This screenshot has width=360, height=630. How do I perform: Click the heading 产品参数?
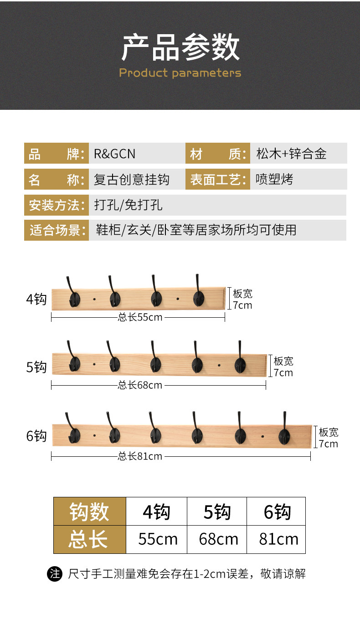pyautogui.click(x=180, y=47)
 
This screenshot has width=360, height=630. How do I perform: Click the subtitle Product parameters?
pyautogui.click(x=180, y=73)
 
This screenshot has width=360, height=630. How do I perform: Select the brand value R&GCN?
pyautogui.click(x=114, y=154)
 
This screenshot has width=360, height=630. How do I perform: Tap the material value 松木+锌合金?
pyautogui.click(x=291, y=154)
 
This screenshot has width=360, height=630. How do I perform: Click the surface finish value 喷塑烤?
pyautogui.click(x=274, y=180)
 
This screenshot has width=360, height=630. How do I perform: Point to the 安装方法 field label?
pyautogui.click(x=56, y=205)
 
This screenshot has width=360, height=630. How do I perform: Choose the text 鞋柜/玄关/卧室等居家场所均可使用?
pyautogui.click(x=196, y=230)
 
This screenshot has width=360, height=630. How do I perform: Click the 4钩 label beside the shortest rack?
pyautogui.click(x=36, y=300)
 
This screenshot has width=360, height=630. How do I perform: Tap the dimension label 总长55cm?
pyautogui.click(x=140, y=317)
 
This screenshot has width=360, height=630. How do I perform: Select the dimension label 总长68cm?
pyautogui.click(x=140, y=385)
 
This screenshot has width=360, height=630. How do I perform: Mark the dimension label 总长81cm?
pyautogui.click(x=140, y=456)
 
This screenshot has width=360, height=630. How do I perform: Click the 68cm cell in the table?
pyautogui.click(x=218, y=540)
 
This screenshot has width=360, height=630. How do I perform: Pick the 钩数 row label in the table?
pyautogui.click(x=89, y=512)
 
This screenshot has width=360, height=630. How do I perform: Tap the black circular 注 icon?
pyautogui.click(x=55, y=573)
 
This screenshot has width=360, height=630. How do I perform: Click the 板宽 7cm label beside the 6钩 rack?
pyautogui.click(x=328, y=438)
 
